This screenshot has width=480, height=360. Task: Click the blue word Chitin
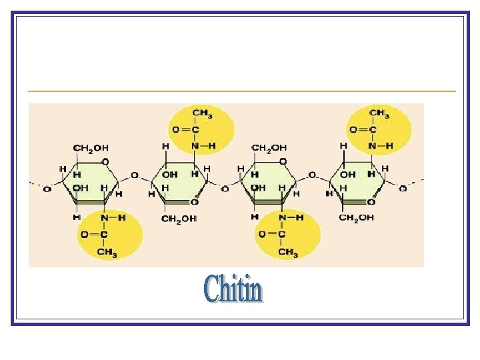(x=233, y=289)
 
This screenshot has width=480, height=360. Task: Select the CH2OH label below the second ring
(x=179, y=219)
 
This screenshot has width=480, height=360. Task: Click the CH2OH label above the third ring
(x=269, y=147)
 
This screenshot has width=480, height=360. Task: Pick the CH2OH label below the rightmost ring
(x=357, y=218)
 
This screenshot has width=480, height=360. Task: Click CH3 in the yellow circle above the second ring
(x=202, y=113)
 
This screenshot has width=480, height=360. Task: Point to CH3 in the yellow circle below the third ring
(x=287, y=252)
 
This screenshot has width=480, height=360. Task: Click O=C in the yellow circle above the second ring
(x=185, y=129)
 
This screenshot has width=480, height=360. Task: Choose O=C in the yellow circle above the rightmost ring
(x=363, y=129)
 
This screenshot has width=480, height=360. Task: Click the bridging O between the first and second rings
(x=135, y=176)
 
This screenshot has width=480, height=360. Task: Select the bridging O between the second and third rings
(x=225, y=189)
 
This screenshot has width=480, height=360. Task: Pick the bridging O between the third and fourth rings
(x=313, y=176)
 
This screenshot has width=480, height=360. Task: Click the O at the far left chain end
(x=46, y=189)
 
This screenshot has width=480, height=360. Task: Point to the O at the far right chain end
(x=402, y=189)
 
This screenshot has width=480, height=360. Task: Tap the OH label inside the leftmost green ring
(x=80, y=188)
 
